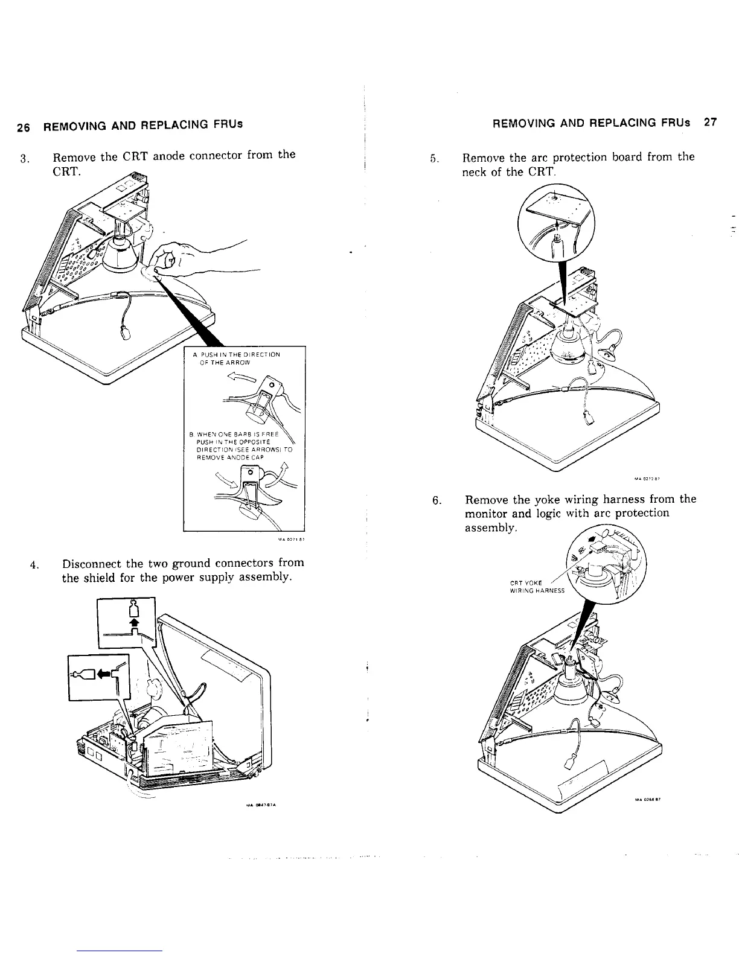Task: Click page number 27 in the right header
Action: tap(709, 122)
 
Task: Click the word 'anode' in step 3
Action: tap(172, 155)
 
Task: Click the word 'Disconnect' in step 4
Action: tap(91, 563)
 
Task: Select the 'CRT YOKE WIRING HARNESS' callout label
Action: tap(537, 586)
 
